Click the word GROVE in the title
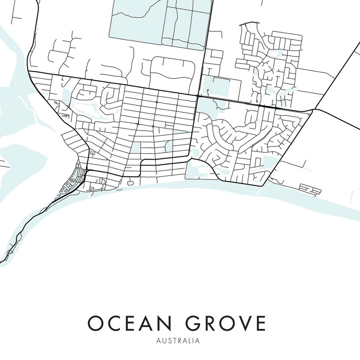[225, 324]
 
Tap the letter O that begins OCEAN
[96, 324]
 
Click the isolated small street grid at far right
[310, 188]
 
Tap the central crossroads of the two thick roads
[197, 96]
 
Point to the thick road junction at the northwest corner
[29, 71]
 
